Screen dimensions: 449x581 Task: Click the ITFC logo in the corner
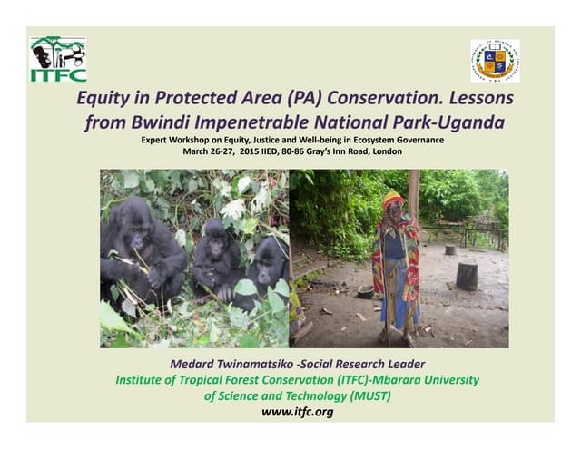tap(58, 59)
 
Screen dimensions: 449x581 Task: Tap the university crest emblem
tap(495, 61)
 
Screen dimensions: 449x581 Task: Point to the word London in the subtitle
tap(385, 151)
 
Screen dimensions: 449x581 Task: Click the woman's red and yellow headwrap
tap(393, 200)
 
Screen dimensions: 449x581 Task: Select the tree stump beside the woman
tap(467, 276)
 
